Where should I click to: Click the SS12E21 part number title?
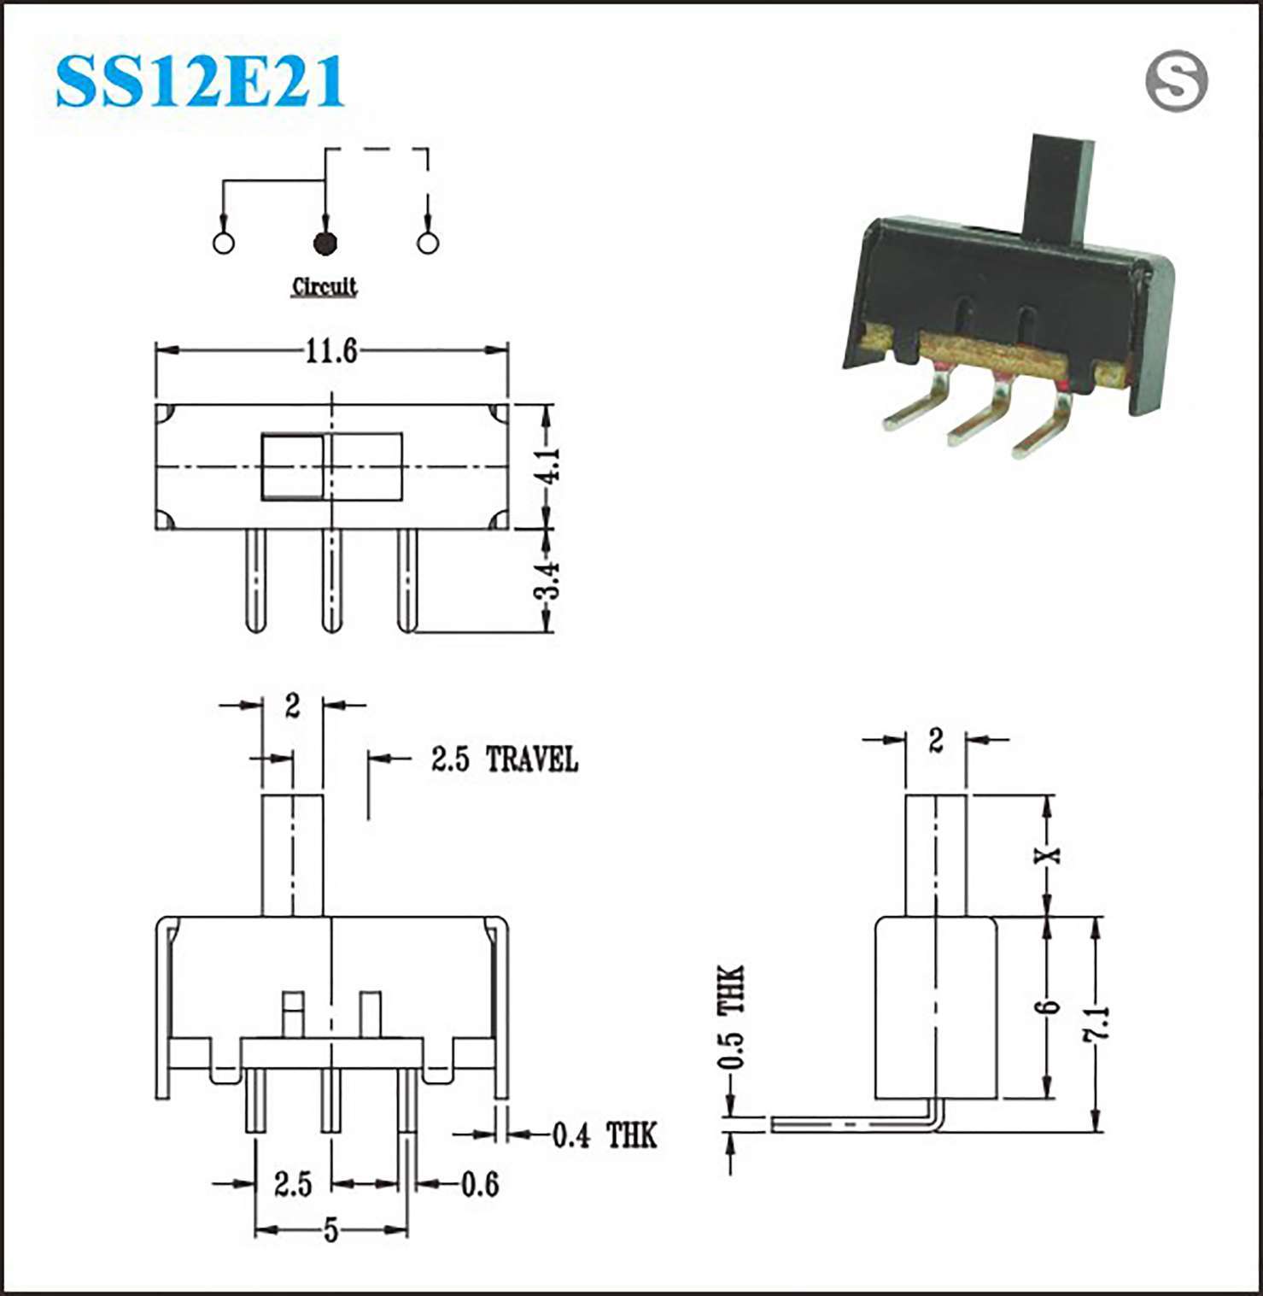pos(200,81)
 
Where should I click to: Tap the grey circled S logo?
pos(1176,81)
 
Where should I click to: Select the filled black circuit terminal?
pos(325,243)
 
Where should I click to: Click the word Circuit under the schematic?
pos(325,286)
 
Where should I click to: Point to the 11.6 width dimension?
pos(332,350)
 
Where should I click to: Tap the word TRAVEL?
pos(532,759)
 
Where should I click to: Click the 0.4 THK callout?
pos(605,1135)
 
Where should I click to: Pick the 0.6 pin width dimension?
pos(480,1184)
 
